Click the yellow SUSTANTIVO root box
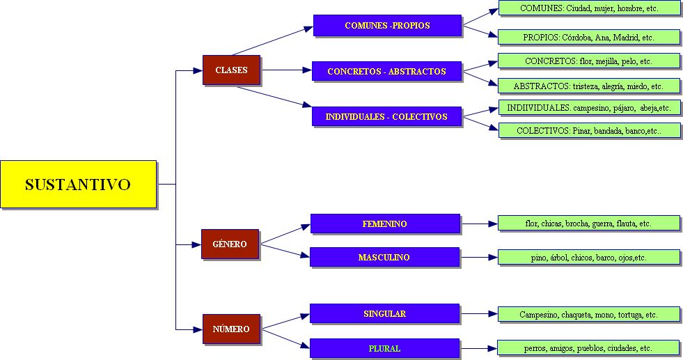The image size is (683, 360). [78, 184]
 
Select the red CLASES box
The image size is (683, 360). [231, 70]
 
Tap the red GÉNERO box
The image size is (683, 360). [230, 244]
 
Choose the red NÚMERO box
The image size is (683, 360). [231, 329]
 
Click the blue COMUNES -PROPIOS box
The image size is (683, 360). [387, 26]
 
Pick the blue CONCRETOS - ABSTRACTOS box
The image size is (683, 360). [386, 71]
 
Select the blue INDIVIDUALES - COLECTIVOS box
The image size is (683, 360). [387, 116]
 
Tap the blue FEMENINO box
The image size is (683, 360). [384, 224]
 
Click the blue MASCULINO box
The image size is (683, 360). [384, 257]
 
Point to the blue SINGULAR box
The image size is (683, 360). [384, 313]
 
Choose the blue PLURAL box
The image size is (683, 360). [384, 347]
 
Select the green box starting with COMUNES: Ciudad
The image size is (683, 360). [589, 8]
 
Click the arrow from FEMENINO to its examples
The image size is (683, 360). [479, 224]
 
